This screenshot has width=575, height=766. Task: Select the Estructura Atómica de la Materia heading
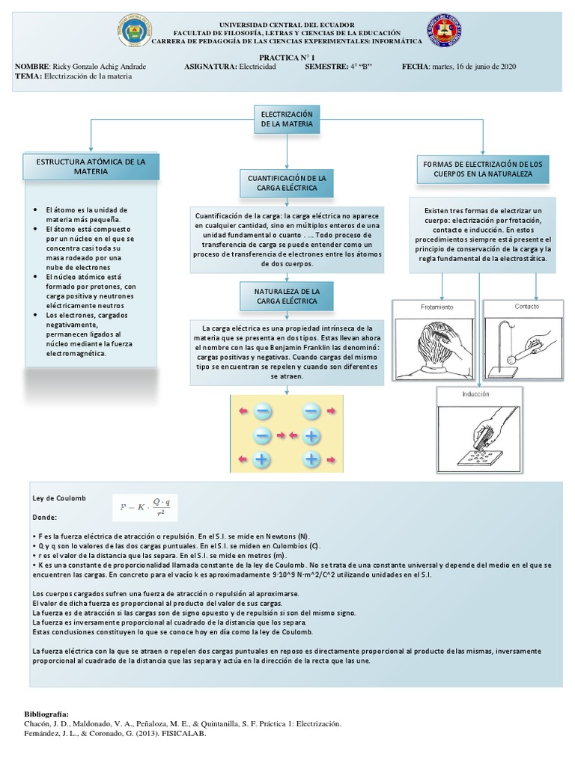coord(91,167)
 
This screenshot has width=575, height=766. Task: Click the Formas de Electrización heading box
coord(482,168)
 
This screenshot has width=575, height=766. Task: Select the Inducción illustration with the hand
coord(480,434)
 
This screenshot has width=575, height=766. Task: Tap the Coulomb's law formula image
coord(145,507)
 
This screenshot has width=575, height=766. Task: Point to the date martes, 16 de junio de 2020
coord(472,67)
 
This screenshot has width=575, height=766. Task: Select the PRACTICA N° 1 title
coord(287,57)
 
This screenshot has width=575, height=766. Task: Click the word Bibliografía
coord(46,714)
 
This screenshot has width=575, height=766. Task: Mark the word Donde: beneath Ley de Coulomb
coord(44,517)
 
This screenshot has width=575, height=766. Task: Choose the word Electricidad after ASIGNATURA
coord(258,67)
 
